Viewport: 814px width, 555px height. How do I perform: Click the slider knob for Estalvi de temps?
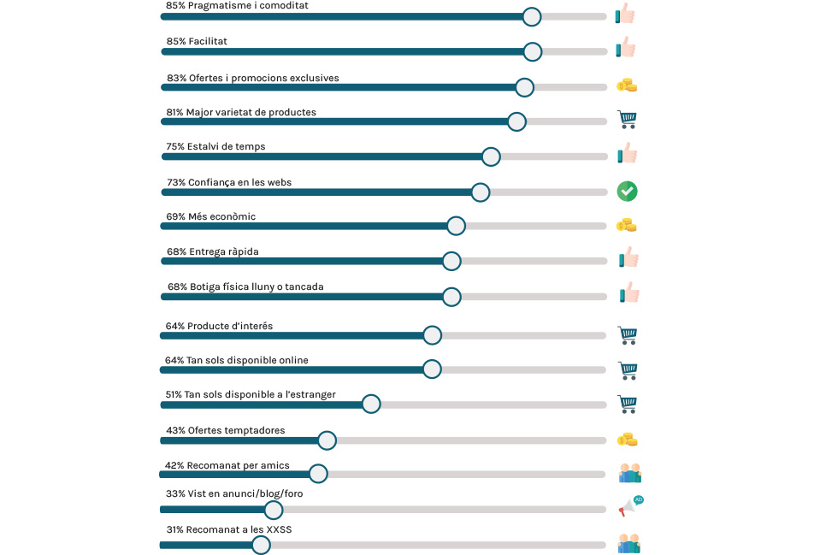491,156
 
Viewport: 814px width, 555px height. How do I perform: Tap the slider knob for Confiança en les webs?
481,192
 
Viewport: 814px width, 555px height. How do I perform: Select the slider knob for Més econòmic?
456,226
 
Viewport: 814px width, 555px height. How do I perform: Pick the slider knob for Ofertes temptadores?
327,440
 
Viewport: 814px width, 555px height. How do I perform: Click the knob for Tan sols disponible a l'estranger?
371,404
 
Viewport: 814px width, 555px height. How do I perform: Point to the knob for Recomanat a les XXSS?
262,545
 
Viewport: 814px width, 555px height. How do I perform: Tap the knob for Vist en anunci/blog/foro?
274,510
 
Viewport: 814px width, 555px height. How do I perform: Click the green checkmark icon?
628,192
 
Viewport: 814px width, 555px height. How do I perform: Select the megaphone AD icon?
630,506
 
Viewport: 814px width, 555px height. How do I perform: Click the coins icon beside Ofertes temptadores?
628,440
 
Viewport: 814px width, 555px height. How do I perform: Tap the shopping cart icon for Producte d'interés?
628,335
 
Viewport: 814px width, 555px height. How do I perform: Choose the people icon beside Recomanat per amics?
629,473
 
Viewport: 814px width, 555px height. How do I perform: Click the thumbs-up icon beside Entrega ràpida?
628,257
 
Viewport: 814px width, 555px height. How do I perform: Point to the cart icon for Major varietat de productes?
628,120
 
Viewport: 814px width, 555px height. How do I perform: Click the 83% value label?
176,78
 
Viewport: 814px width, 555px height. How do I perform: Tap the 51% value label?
174,394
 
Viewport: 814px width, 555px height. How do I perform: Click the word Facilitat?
208,41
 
